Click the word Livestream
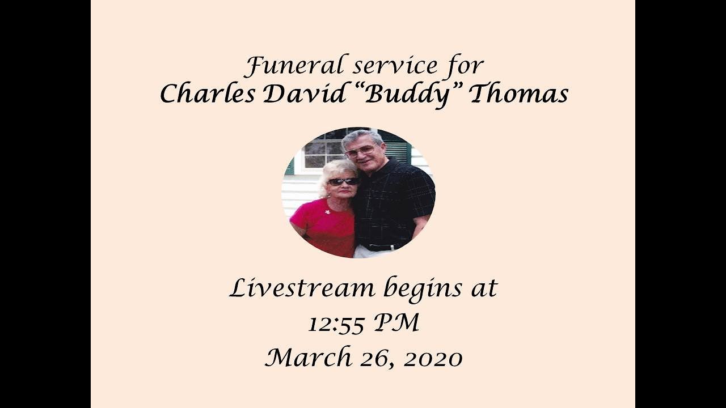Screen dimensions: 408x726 pyautogui.click(x=302, y=288)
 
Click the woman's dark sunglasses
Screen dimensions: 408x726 pyautogui.click(x=343, y=182)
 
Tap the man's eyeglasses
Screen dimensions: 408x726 pyautogui.click(x=361, y=151)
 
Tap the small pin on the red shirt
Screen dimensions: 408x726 pyautogui.click(x=327, y=212)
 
